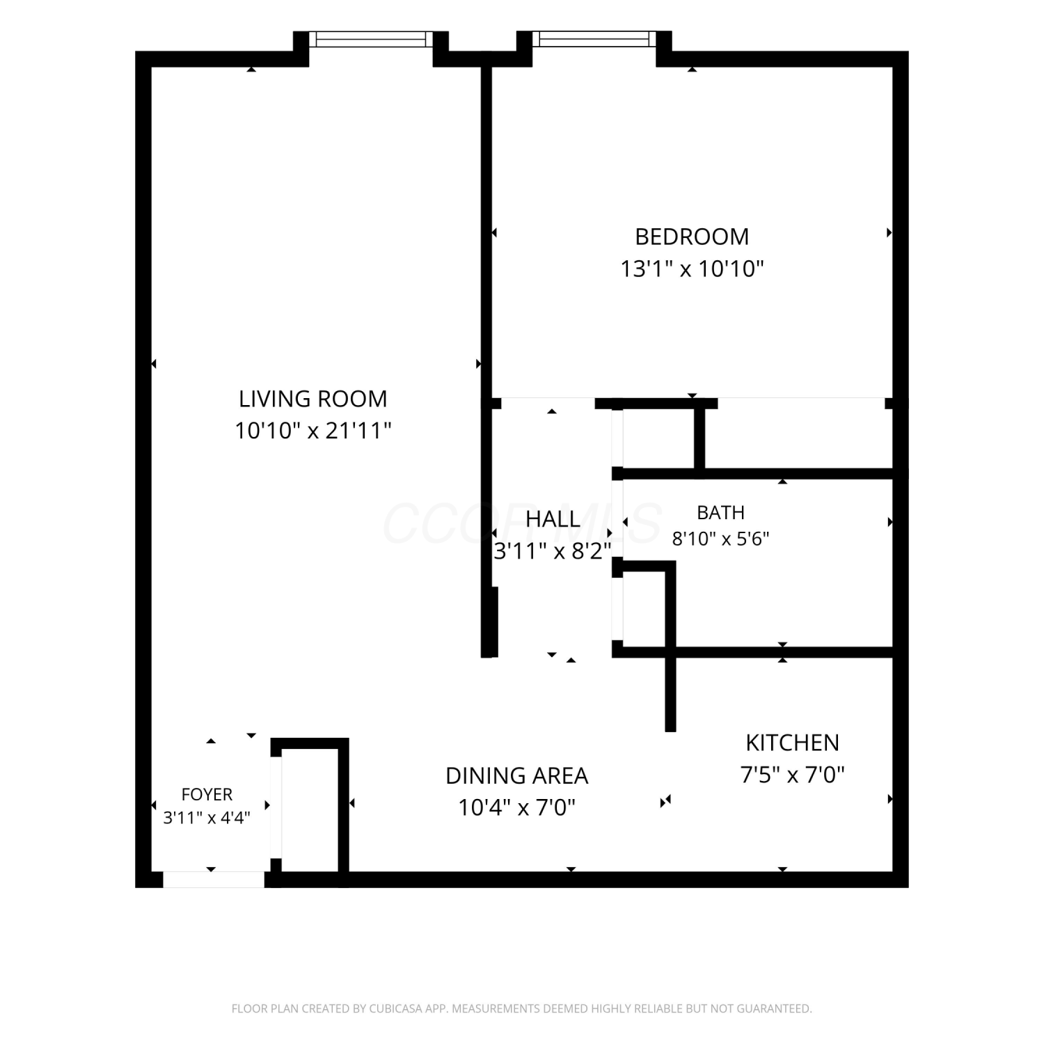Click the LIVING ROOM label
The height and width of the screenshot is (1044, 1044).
coord(313,399)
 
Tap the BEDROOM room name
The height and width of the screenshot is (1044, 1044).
coord(692,237)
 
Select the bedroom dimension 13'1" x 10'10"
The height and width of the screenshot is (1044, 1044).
coord(692,269)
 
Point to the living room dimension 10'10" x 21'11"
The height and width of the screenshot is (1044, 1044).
coord(313,431)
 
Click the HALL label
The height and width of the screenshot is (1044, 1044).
coord(553,519)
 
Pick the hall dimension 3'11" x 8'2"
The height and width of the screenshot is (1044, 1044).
coord(553,551)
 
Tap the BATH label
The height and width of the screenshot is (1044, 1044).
coord(720,513)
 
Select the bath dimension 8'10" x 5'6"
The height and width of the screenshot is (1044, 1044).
coord(720,539)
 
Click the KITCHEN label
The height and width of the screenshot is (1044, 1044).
coord(792,743)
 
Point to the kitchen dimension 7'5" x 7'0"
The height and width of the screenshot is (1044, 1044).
coord(792,775)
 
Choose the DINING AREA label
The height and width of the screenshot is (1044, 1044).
coord(517,775)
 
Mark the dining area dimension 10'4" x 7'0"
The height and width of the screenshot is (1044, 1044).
coord(517,808)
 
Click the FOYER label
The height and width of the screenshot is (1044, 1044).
coord(207,794)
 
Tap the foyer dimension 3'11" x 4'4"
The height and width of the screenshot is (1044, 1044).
coord(207,818)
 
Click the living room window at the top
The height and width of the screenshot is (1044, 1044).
coord(371,39)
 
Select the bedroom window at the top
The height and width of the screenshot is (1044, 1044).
coord(594,39)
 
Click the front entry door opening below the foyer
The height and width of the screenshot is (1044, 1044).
coord(214,879)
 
